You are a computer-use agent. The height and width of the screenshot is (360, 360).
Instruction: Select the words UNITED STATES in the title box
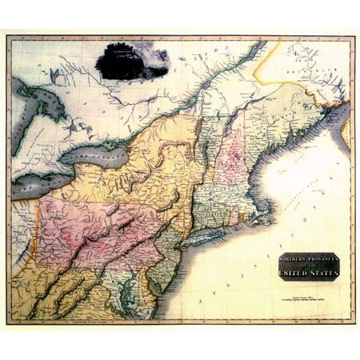click(x=309, y=272)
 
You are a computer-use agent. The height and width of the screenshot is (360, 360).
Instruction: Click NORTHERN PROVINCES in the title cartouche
click(x=309, y=258)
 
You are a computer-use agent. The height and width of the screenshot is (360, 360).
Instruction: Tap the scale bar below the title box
click(x=308, y=298)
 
